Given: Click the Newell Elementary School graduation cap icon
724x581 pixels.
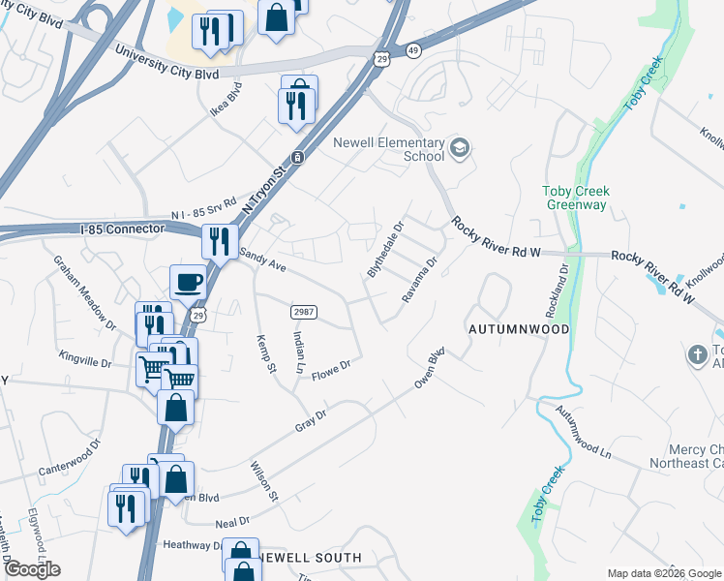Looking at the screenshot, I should (x=460, y=148).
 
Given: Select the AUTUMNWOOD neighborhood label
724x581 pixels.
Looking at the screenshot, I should (x=519, y=329).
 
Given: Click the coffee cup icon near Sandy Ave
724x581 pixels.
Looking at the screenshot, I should (x=189, y=283).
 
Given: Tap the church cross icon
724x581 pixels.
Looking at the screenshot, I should (x=696, y=354).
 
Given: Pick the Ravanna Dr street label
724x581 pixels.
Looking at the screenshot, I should (x=420, y=280).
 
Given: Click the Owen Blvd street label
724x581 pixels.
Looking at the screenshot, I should (x=430, y=369).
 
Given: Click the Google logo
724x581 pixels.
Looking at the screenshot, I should (x=32, y=569).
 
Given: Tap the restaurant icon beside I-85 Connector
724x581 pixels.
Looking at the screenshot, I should (x=220, y=238).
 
